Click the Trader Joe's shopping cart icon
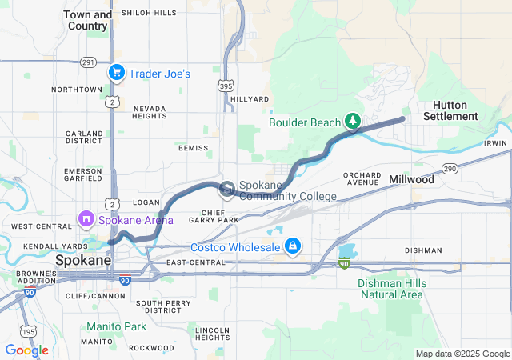[x=117, y=74]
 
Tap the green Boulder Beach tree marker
[x=352, y=122]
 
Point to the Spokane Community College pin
[x=227, y=189]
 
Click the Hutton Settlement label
[x=454, y=110]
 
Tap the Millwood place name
[x=411, y=180]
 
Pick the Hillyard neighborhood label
[x=250, y=99]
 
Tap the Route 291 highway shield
[x=88, y=62]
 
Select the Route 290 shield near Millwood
[x=450, y=169]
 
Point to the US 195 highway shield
[x=29, y=331]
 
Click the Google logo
[x=26, y=350]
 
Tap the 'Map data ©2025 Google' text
[x=462, y=354]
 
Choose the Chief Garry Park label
[x=214, y=215]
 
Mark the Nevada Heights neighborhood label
[x=150, y=112]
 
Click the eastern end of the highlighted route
[x=402, y=119]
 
